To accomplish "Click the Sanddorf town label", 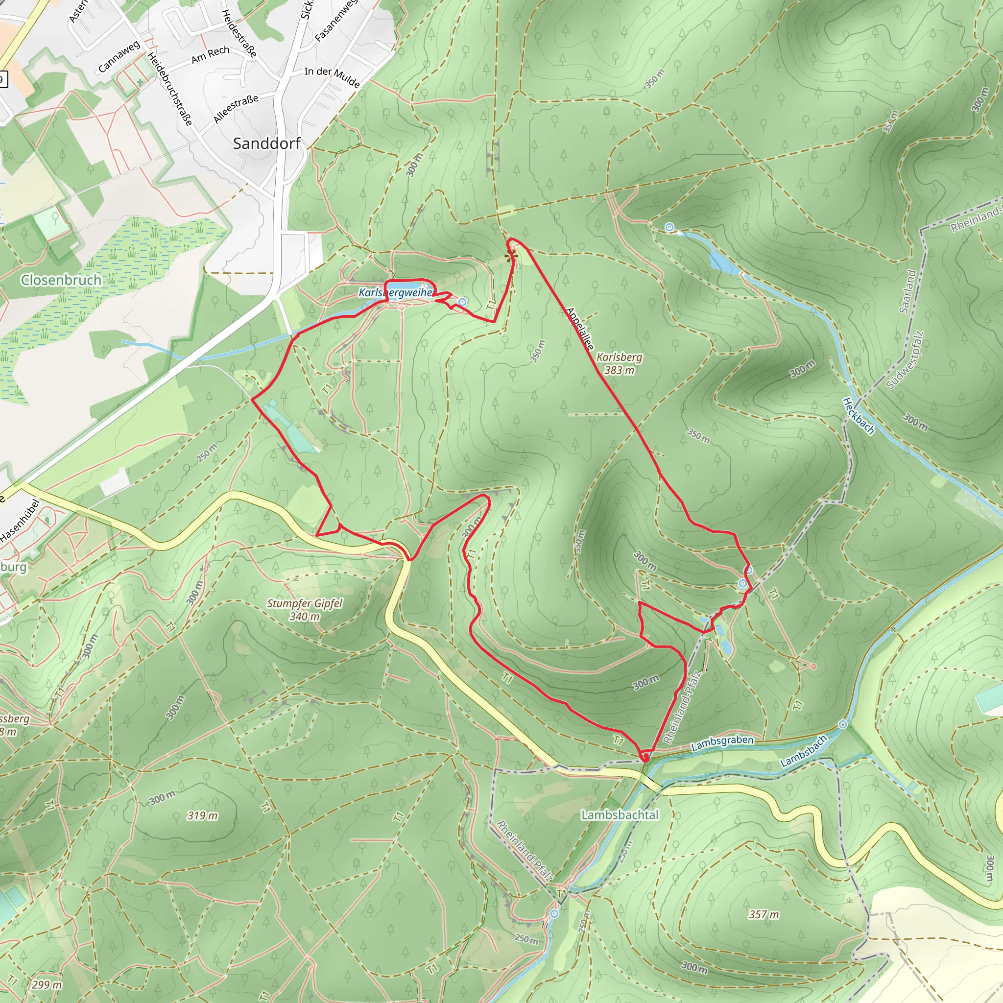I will tap(266, 143).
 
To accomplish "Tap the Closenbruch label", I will tap(61, 280).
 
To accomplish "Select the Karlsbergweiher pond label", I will tap(396, 293).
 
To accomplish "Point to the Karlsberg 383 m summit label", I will tap(619, 363).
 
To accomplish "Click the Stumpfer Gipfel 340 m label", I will tap(305, 609).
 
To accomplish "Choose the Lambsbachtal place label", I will tap(620, 814).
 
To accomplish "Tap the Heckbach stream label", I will tap(858, 415).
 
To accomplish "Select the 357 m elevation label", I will tap(764, 914).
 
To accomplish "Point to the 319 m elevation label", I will tap(202, 815).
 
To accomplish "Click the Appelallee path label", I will tap(579, 329).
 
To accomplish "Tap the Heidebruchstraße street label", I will tap(170, 89).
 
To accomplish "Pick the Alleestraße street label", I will tap(236, 109).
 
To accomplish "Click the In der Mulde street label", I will tap(332, 76).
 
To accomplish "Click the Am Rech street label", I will tap(210, 54).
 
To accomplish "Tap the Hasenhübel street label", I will tap(20, 521).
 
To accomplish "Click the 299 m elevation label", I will tap(47, 984).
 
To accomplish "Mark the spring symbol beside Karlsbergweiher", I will tap(462, 302).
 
